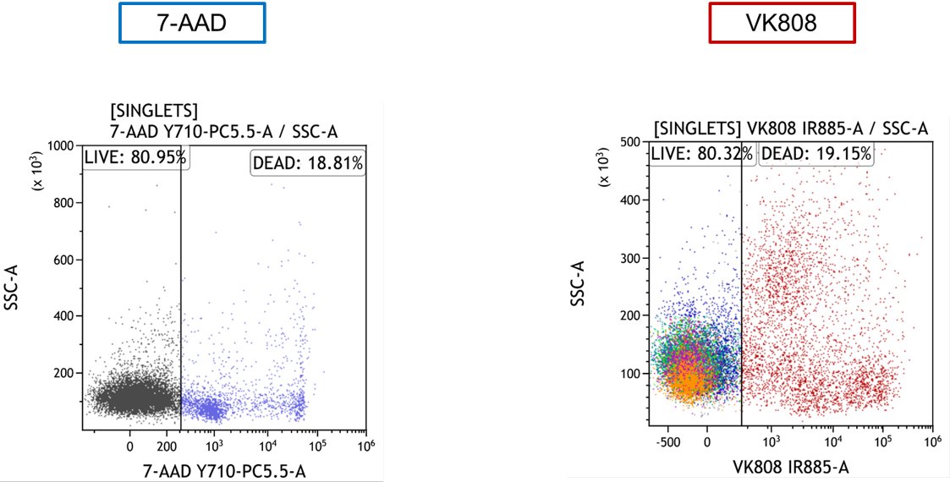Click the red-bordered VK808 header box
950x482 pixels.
coord(783,23)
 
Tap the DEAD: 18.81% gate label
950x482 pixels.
coord(308,163)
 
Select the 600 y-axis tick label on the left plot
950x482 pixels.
coord(63,260)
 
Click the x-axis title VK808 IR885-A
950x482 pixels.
coord(790,466)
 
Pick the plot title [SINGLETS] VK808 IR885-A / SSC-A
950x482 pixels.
coord(791,129)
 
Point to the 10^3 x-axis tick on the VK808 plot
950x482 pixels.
coord(772,441)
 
